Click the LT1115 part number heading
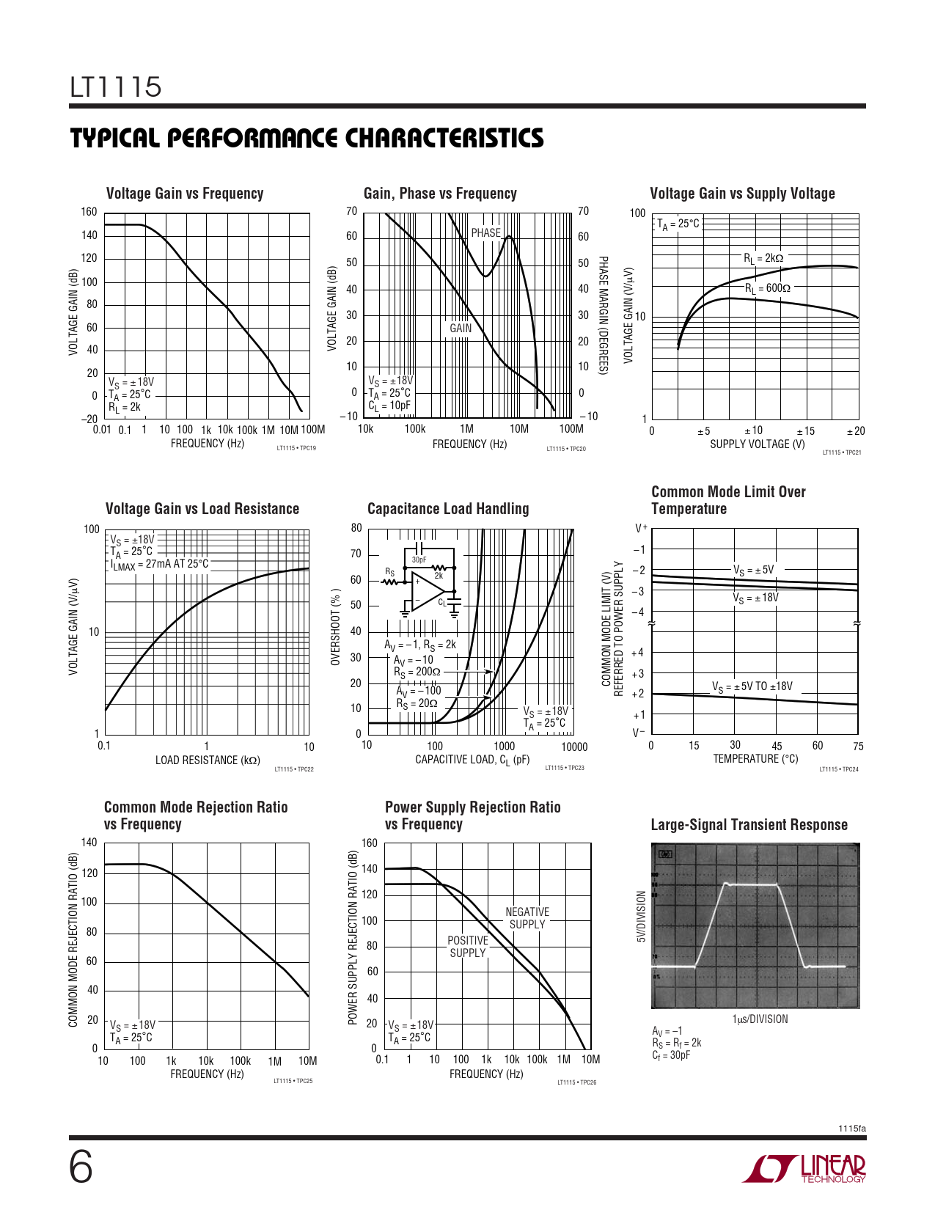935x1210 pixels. tap(116, 87)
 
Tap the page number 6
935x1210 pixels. tap(81, 1168)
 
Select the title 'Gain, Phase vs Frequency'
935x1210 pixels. tap(440, 194)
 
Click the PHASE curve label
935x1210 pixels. tap(485, 233)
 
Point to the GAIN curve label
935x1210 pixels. tap(461, 329)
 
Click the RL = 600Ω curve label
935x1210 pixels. tap(767, 289)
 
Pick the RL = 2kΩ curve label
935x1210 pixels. tap(763, 258)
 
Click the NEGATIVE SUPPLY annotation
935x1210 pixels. tap(527, 918)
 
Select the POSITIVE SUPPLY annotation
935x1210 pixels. tap(468, 947)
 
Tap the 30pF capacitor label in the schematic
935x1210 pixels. tap(419, 560)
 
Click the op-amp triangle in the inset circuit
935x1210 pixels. tap(425, 591)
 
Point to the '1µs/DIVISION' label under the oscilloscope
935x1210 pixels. tap(760, 1019)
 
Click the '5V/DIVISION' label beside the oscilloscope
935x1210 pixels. tap(641, 917)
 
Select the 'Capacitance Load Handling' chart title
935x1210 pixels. tap(447, 509)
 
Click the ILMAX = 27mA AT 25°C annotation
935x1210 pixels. tap(159, 565)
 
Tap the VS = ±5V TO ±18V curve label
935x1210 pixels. tap(752, 687)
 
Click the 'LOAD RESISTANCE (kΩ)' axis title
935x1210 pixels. tap(208, 760)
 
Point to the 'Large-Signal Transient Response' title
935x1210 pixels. tap(749, 825)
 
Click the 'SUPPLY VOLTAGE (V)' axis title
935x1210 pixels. tap(757, 444)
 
